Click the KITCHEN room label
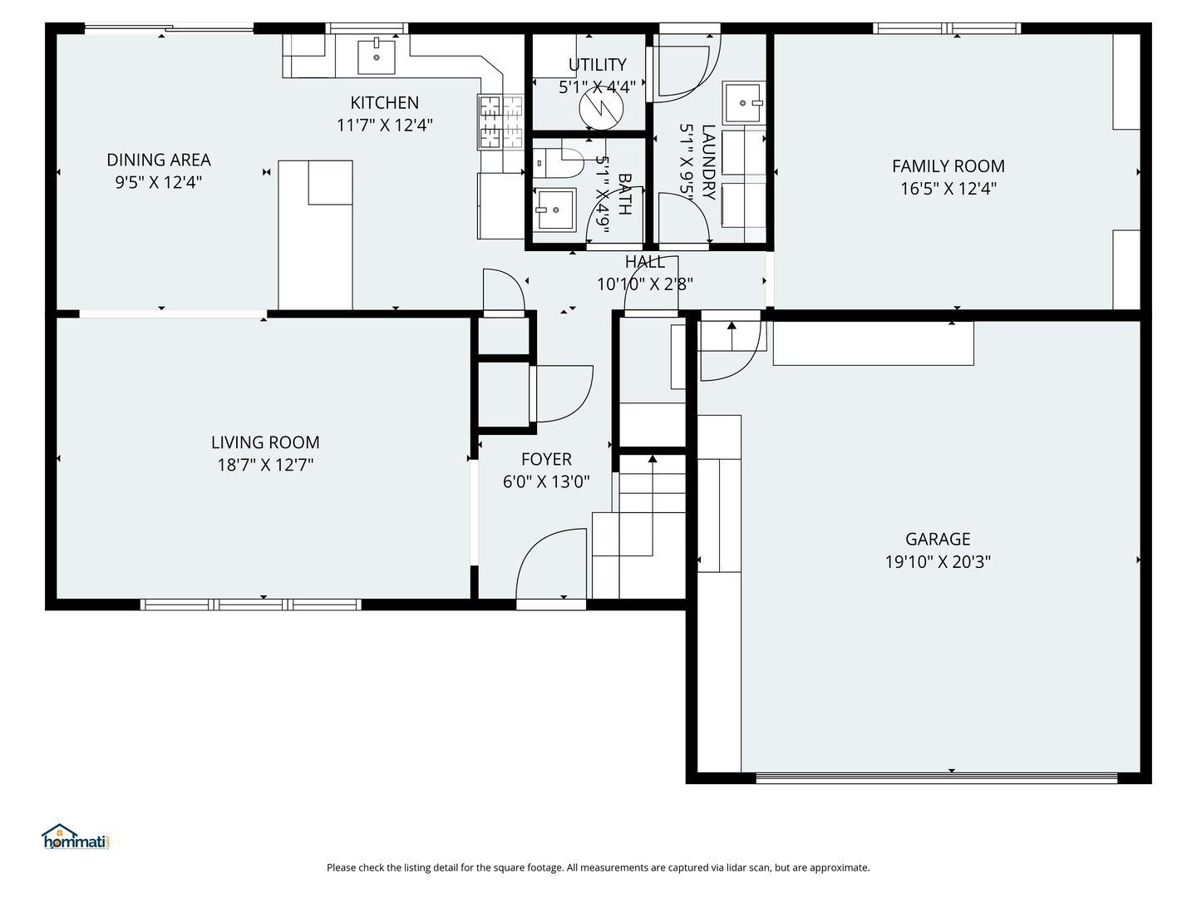(385, 102)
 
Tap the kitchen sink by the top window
(377, 57)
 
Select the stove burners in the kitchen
(500, 122)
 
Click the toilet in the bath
(558, 162)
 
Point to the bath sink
(555, 210)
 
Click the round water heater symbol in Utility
(600, 108)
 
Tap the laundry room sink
(743, 103)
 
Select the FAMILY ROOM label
(948, 165)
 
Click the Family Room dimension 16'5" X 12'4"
(948, 189)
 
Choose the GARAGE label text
(938, 540)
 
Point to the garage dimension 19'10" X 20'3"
(938, 561)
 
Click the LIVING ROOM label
(265, 442)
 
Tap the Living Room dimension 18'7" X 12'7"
(265, 465)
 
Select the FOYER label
(546, 459)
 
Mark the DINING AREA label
(159, 160)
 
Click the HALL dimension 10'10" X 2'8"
(645, 284)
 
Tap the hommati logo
(76, 837)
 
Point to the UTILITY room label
(598, 65)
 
